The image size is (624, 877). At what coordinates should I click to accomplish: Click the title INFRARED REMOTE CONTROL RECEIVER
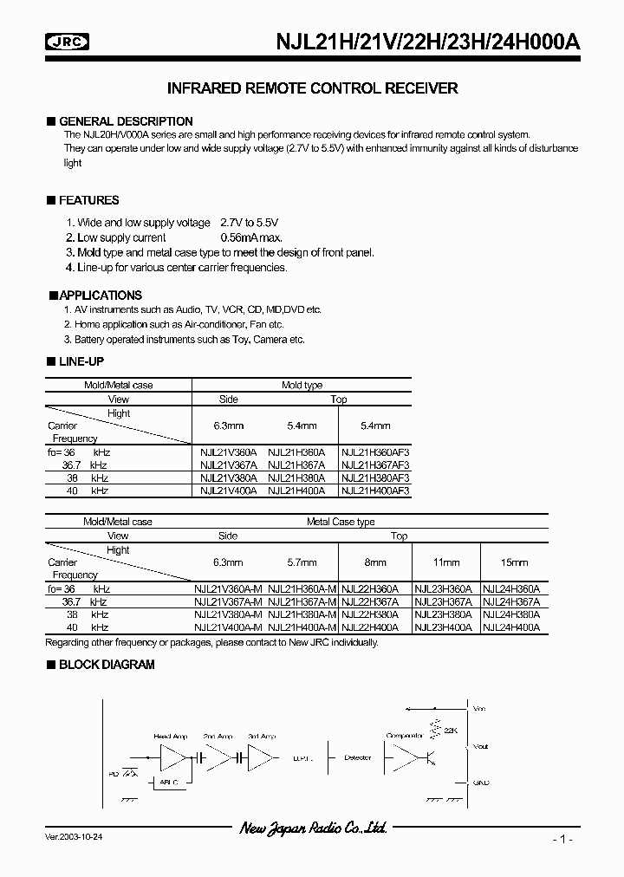tap(311, 88)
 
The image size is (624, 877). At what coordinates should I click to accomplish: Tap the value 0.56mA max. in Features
tap(251, 237)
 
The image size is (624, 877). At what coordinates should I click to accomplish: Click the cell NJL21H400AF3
tap(375, 490)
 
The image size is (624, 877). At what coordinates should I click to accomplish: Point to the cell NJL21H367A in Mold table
tap(296, 465)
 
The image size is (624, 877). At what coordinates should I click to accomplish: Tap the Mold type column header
tap(302, 386)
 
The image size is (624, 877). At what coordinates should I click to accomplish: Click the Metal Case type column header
tap(341, 523)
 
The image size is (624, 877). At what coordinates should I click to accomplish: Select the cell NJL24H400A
tap(511, 627)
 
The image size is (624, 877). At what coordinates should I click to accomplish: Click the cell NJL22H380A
tap(370, 614)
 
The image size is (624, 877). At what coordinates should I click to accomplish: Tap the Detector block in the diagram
tap(357, 757)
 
